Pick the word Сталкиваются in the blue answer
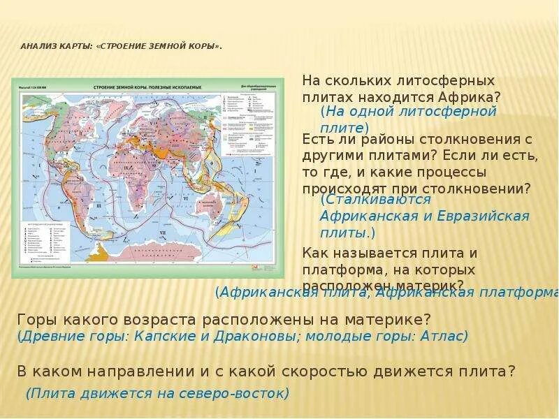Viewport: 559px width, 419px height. (375, 199)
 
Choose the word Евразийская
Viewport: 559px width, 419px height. (484, 216)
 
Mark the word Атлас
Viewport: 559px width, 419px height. (444, 336)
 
